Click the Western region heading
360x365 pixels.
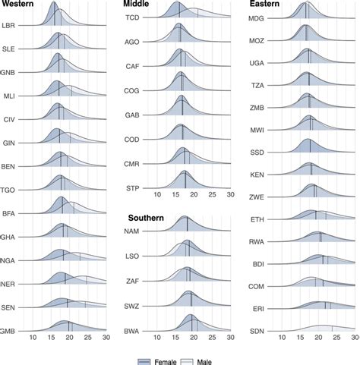pos(22,5)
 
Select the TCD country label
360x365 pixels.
pos(132,17)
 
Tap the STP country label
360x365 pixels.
pos(132,187)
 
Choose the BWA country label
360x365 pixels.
pos(132,332)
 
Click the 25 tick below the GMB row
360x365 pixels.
pos(87,336)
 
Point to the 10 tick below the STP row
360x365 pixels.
pos(157,195)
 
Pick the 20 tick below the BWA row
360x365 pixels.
pos(194,341)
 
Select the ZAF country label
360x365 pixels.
pos(132,281)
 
